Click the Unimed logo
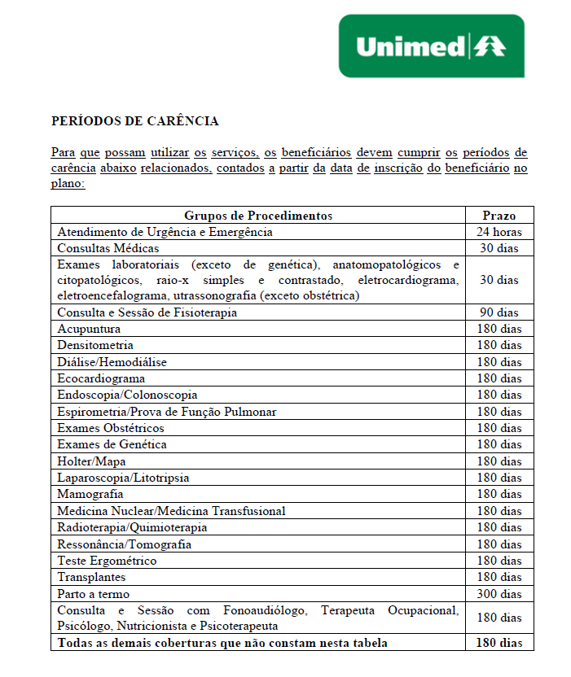[x=431, y=46]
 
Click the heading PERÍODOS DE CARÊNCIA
[x=134, y=121]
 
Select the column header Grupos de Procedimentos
[x=258, y=216]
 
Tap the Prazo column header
[x=499, y=216]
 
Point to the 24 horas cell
[x=499, y=232]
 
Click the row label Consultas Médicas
[x=108, y=248]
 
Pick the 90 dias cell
[x=499, y=312]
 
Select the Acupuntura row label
[x=89, y=329]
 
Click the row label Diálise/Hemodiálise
[x=111, y=362]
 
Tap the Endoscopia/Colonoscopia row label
[x=127, y=395]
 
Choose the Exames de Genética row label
[x=112, y=444]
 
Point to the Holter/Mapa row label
[x=91, y=461]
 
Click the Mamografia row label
[x=90, y=494]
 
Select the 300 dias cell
[x=499, y=594]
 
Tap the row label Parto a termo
[x=93, y=594]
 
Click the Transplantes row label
[x=91, y=577]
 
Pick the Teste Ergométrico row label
[x=107, y=561]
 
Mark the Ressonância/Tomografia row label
[x=125, y=544]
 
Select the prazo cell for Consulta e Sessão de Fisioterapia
[x=499, y=312]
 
